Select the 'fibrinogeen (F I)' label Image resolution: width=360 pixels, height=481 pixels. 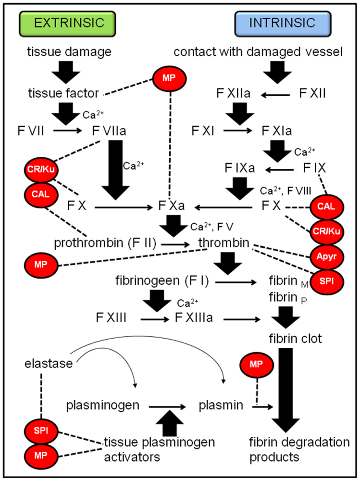[161, 281]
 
